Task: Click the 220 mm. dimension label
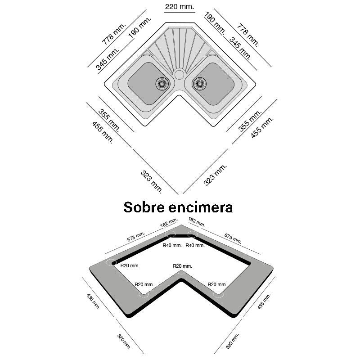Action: point(180,7)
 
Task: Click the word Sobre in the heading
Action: point(144,207)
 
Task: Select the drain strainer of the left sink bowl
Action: point(162,83)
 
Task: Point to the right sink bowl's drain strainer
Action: point(198,83)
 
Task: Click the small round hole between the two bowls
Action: point(180,74)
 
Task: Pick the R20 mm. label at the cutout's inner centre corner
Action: point(182,266)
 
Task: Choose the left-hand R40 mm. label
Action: point(172,245)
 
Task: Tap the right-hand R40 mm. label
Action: point(195,245)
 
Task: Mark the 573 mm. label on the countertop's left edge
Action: point(136,237)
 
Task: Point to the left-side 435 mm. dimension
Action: point(93,301)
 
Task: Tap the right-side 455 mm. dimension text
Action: point(262,128)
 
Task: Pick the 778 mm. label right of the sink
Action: point(248,35)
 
